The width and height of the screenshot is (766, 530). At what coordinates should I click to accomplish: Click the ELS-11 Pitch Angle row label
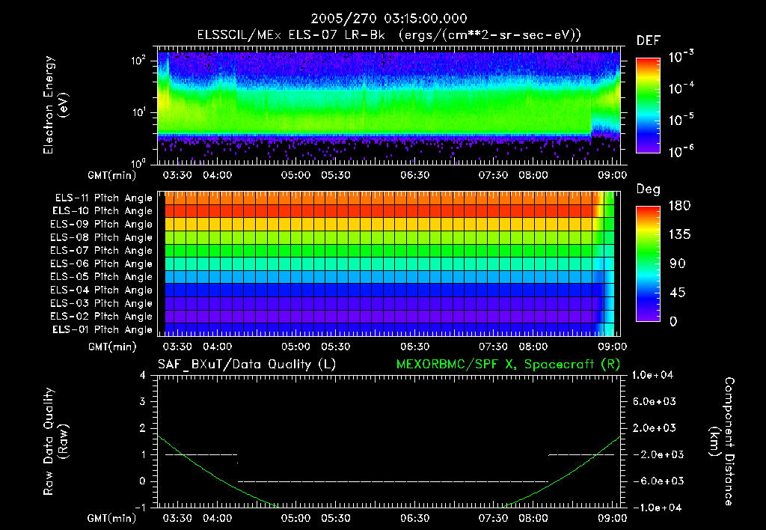[101, 198]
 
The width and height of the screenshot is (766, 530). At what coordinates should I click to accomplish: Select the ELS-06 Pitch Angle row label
[101, 264]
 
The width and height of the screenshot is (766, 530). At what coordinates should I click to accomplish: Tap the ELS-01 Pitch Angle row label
[101, 329]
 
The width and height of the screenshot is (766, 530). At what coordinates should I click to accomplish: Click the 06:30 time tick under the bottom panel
[414, 518]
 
